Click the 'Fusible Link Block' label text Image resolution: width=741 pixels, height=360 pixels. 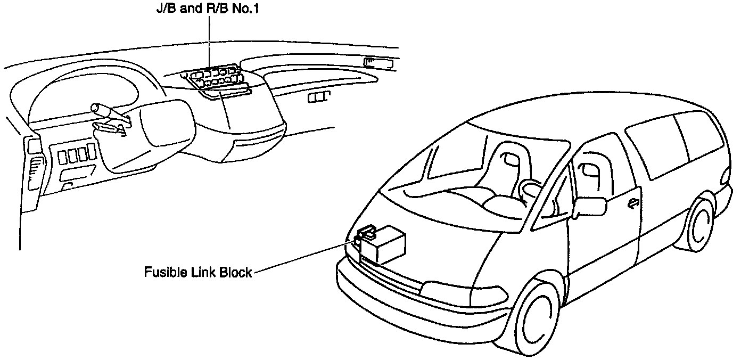click(197, 272)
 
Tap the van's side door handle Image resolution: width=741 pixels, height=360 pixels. click(633, 202)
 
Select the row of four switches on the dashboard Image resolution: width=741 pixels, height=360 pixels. click(77, 155)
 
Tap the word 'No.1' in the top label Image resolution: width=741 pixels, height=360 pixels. click(246, 10)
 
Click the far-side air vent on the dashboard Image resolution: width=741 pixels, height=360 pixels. click(378, 63)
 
